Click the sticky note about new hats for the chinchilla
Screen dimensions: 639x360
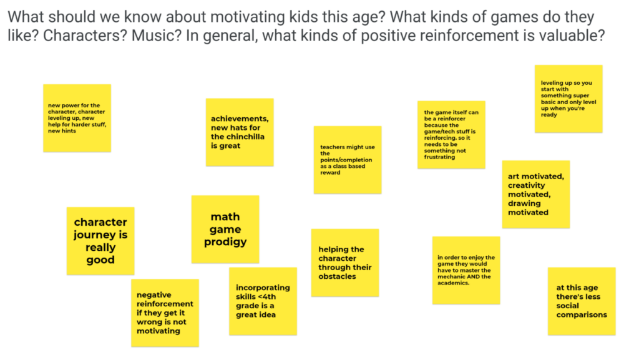point(240,132)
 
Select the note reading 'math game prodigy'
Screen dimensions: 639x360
point(225,229)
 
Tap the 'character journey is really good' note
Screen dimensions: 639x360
point(100,241)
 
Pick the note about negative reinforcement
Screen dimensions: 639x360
point(165,313)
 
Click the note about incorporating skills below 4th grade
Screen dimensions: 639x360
point(263,301)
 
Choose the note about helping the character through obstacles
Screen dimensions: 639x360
point(345,263)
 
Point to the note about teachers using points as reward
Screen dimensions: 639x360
point(348,160)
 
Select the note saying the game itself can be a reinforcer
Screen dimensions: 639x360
point(452,135)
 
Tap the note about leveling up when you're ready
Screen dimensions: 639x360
point(568,99)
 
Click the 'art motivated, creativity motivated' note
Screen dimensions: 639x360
point(536,194)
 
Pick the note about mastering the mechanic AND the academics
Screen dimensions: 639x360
point(466,270)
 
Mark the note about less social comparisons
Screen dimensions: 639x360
point(582,301)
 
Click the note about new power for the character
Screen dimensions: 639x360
point(77,118)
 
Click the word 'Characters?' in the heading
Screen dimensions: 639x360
point(85,36)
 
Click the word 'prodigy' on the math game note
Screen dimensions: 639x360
point(225,242)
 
